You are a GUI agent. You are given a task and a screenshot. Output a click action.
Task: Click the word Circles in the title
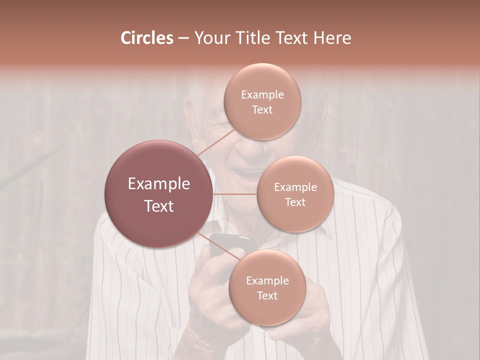146,38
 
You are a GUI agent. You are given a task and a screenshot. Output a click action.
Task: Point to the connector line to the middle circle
235,194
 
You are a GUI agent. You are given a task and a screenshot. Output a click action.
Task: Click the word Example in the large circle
159,183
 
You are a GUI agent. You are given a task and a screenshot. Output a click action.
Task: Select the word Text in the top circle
262,109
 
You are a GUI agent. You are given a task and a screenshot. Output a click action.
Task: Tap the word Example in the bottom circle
267,280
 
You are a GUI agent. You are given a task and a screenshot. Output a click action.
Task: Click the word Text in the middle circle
295,202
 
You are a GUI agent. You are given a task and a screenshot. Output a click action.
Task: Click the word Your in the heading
210,38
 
